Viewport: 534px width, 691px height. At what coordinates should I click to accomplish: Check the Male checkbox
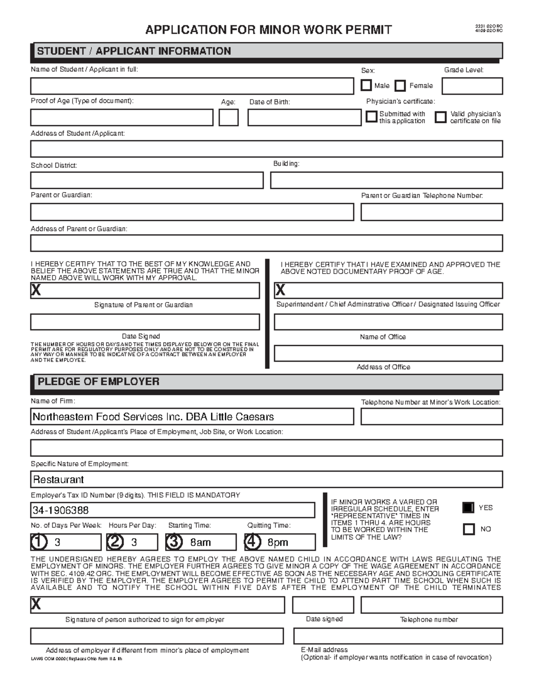tap(366, 85)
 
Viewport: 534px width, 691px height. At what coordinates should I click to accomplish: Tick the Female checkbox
tap(400, 85)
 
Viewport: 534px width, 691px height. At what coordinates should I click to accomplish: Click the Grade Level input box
tap(472, 86)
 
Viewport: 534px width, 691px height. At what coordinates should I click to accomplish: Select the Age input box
tap(228, 117)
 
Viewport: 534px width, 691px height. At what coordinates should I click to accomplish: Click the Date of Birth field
tap(304, 117)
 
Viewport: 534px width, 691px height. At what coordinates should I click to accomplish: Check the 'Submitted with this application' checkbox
tap(371, 117)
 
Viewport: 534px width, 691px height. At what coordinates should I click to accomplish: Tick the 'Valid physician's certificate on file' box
tap(440, 117)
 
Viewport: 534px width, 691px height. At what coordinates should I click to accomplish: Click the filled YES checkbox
tap(469, 507)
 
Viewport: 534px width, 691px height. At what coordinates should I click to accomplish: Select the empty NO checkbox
tap(469, 529)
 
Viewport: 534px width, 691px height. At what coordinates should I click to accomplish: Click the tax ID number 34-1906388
tap(61, 510)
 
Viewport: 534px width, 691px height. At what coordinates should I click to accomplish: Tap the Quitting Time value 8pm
tap(278, 542)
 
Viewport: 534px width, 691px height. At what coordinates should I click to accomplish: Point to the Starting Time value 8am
tap(200, 542)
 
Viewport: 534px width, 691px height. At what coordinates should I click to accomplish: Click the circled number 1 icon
tap(39, 541)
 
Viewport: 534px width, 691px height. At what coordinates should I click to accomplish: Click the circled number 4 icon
tap(252, 541)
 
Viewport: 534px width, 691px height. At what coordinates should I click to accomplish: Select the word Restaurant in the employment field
tap(58, 480)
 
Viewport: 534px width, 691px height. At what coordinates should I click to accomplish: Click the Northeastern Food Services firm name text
tap(153, 417)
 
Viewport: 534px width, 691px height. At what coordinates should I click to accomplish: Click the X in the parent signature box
tap(36, 291)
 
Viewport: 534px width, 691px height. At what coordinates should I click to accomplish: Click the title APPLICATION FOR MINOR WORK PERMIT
tap(268, 30)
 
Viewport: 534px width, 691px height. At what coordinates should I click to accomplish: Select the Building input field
tap(386, 181)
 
